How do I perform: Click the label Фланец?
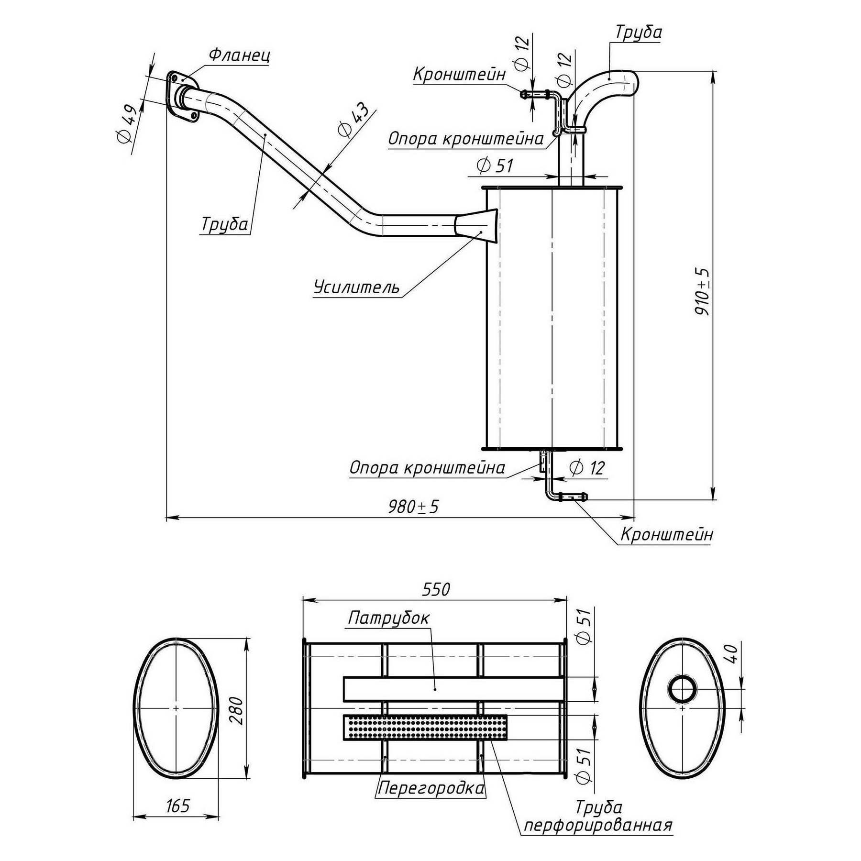[239, 55]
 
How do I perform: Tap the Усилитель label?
[357, 287]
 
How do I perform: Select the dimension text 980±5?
[413, 507]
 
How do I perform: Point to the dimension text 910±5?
[702, 291]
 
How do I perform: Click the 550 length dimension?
[436, 590]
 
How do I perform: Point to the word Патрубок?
[388, 618]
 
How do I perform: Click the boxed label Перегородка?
[430, 787]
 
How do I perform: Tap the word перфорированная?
[598, 825]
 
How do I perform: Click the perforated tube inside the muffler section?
[425, 727]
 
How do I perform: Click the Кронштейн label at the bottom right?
[666, 534]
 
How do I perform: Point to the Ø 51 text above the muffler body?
[495, 166]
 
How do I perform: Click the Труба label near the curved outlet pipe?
[638, 33]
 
